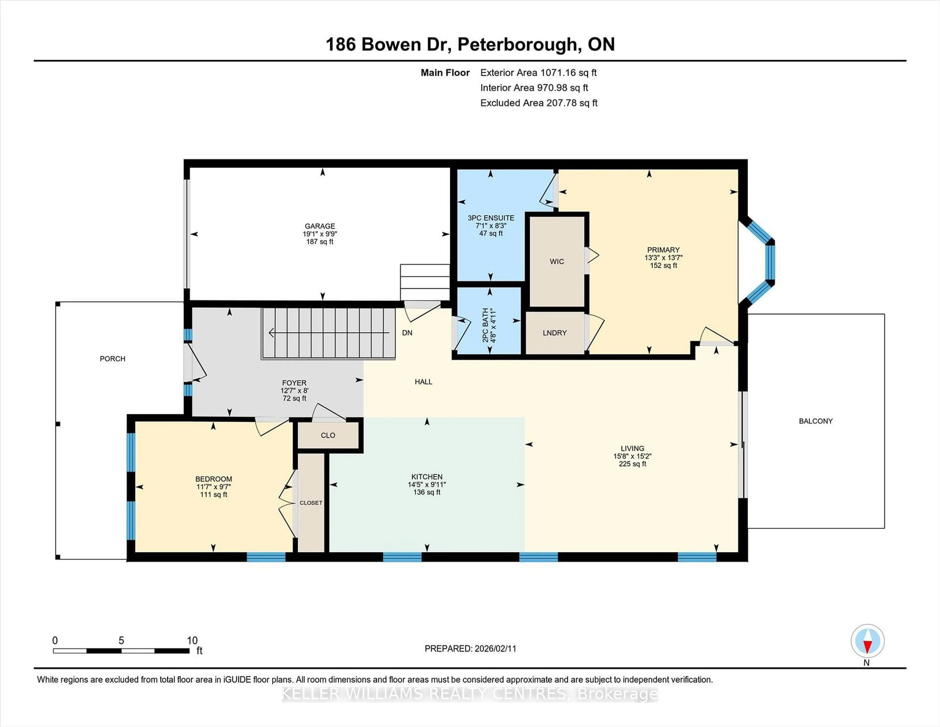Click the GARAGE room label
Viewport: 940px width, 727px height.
point(319,226)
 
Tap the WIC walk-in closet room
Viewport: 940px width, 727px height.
point(556,261)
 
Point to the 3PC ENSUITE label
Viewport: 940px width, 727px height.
point(491,218)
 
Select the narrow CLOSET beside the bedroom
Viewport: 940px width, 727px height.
point(311,503)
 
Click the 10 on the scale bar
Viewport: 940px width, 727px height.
point(192,641)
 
